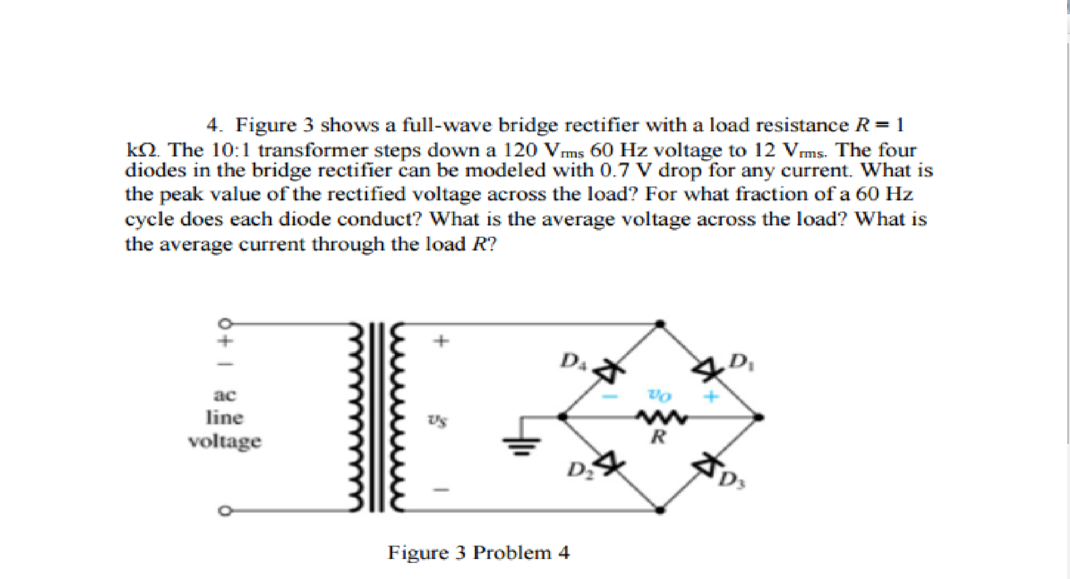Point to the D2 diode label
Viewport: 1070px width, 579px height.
(x=578, y=470)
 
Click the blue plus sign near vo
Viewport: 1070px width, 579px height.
(x=712, y=398)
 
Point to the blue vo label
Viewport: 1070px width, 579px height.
(x=660, y=396)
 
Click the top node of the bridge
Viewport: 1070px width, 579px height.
(x=660, y=323)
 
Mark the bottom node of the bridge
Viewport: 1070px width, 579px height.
(x=660, y=509)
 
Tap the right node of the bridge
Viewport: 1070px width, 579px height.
(x=758, y=417)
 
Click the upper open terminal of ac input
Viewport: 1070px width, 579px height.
(x=223, y=323)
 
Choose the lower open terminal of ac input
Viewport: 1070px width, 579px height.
(x=223, y=511)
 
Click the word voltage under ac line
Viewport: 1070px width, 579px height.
(x=225, y=441)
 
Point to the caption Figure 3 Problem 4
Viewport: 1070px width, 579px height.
(x=479, y=552)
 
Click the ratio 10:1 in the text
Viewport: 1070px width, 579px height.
(x=232, y=150)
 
